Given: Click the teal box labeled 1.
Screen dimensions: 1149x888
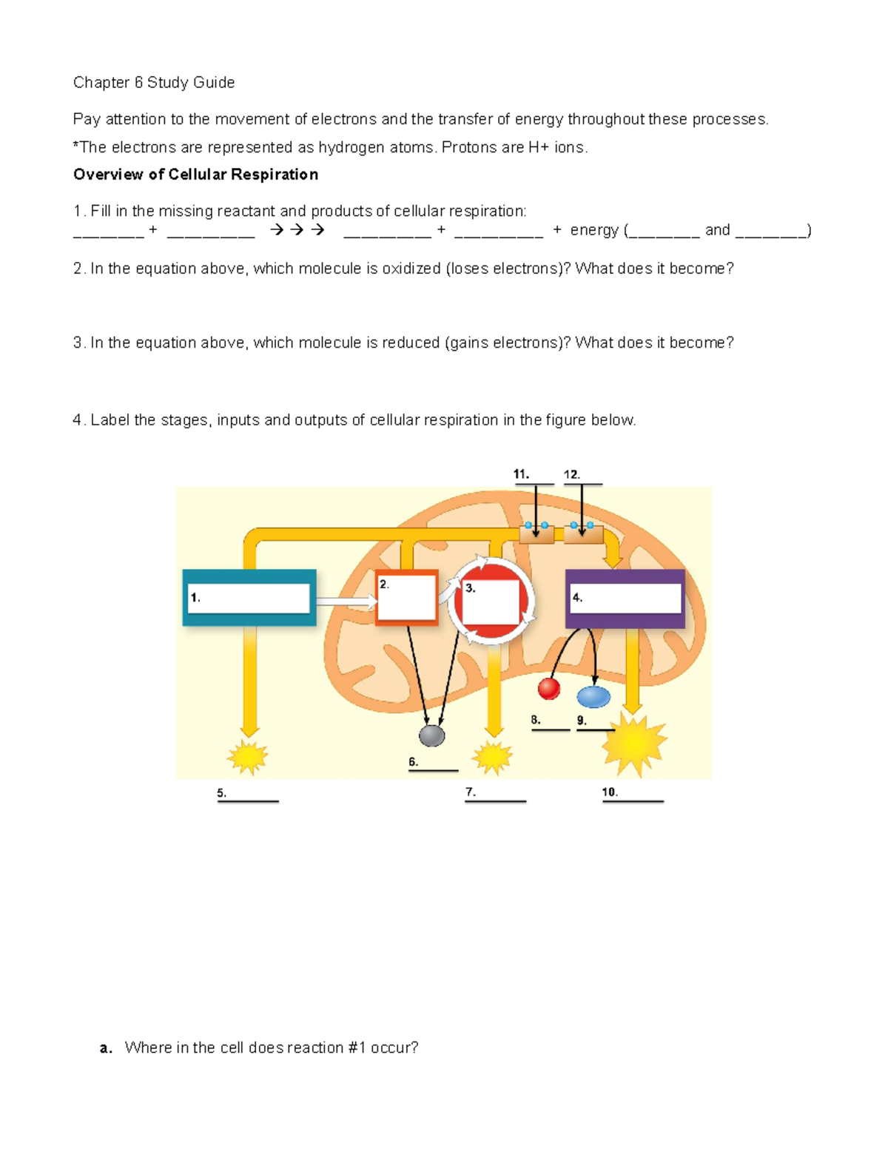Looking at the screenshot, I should (249, 598).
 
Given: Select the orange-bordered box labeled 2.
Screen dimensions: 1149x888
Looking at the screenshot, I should (406, 598).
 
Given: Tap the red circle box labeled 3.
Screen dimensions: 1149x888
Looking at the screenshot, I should (491, 602).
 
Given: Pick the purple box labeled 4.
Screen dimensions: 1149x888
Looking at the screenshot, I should (625, 599).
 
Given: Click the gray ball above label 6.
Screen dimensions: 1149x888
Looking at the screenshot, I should (431, 735).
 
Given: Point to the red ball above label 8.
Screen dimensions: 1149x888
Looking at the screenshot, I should (548, 688).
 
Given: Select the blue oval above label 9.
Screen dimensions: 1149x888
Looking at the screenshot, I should (593, 696).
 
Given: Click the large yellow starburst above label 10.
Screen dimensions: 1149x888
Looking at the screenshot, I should (633, 744).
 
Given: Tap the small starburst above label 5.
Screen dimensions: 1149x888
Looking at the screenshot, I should (248, 757).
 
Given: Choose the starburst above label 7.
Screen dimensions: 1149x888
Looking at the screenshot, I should (492, 757).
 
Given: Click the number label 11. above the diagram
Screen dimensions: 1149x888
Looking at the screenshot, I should (521, 474).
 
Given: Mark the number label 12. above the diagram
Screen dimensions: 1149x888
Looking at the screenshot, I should (571, 474).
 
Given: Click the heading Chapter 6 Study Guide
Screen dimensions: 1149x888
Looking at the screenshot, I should (154, 83).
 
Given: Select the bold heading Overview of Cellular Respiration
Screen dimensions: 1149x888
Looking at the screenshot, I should (195, 175).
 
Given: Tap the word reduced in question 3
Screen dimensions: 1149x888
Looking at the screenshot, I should (411, 343).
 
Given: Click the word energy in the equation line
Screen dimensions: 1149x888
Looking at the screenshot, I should (593, 230).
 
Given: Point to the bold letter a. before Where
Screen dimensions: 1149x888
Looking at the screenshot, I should (106, 1048).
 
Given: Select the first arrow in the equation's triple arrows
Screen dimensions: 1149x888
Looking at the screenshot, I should (277, 230).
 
